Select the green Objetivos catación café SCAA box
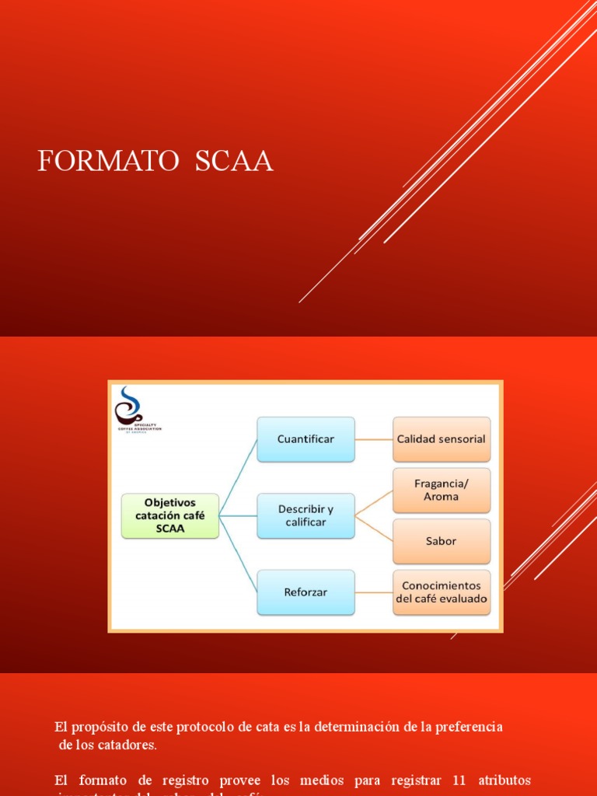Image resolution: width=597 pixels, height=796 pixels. pos(170,515)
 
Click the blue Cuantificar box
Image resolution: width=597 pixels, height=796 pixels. pos(305,439)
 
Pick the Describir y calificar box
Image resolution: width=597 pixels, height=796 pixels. pos(305,515)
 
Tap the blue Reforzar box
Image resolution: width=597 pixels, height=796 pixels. pos(305,592)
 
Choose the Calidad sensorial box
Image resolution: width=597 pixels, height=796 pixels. pos(441,439)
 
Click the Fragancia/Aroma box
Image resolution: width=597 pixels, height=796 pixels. pos(441,490)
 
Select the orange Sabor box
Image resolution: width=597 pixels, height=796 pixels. pos(441,541)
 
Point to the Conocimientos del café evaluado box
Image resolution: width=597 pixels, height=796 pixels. pos(441,592)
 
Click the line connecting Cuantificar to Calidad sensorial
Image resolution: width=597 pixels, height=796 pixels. pos(373,439)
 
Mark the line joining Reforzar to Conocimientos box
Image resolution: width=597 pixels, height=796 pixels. pos(373,592)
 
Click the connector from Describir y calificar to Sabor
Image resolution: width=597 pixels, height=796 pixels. pos(374,529)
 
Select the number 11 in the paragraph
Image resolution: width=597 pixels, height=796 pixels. pos(459,780)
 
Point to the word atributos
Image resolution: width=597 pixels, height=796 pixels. pos(504,780)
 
